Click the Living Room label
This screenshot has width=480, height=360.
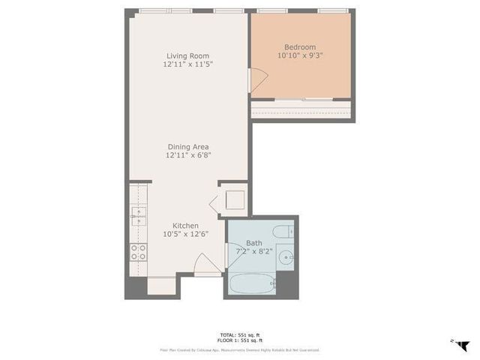tap(187, 55)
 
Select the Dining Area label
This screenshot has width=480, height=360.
tap(187, 146)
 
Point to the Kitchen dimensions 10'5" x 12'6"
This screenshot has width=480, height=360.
tap(186, 234)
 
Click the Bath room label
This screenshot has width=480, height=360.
tap(253, 243)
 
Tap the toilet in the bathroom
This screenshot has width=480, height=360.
tap(285, 232)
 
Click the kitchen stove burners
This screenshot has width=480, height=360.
tap(138, 252)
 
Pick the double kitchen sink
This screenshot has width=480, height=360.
tap(138, 216)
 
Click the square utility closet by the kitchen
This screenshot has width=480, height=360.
tap(234, 200)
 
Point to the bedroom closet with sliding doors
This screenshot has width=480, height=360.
tap(301, 109)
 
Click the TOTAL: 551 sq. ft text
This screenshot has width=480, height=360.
tap(239, 334)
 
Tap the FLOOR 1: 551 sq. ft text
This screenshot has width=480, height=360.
tap(239, 341)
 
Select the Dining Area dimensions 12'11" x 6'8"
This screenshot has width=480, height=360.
tap(187, 155)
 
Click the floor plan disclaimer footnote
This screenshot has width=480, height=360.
tap(239, 350)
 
